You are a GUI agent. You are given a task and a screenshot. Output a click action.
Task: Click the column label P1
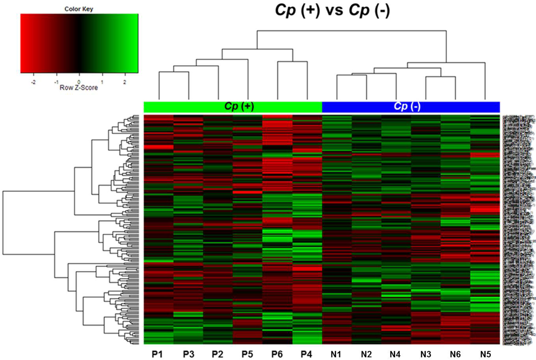[x=158, y=354]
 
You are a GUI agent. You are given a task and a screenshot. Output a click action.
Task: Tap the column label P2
[x=218, y=354]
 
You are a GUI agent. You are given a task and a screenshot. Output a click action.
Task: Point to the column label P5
[x=247, y=354]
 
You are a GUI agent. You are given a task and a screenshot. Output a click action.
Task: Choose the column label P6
[x=277, y=354]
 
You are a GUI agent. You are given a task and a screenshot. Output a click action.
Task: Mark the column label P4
[x=307, y=354]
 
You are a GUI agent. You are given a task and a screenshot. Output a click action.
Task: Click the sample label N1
[x=337, y=354]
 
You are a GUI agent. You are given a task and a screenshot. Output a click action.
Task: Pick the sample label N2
[x=366, y=354]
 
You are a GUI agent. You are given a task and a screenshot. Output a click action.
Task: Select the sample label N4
[x=396, y=354]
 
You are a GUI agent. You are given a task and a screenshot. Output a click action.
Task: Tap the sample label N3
[x=426, y=354]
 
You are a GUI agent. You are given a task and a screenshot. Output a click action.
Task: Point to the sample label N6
[x=455, y=354]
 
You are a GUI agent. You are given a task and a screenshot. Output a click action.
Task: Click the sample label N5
[x=485, y=354]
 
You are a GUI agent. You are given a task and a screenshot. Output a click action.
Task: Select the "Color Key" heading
[x=79, y=8]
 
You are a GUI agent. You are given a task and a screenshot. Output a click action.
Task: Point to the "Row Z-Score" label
[x=79, y=88]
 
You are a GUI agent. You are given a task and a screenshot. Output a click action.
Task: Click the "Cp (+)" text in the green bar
[x=238, y=107]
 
